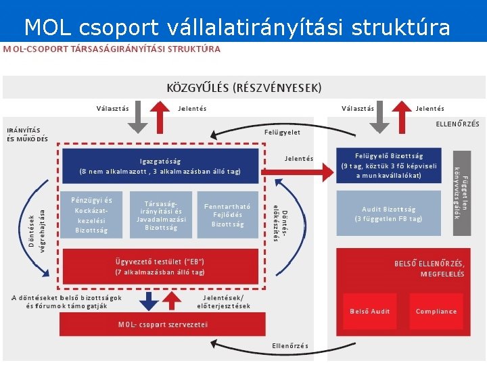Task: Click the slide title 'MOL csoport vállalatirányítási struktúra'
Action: point(237,27)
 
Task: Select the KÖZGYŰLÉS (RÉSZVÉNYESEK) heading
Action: point(243,88)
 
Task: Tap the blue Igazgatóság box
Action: point(160,166)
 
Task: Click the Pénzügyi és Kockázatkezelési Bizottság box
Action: point(92,216)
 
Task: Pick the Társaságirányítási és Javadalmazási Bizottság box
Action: point(161,216)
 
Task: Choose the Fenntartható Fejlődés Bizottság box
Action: point(227,216)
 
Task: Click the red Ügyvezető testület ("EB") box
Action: point(160,266)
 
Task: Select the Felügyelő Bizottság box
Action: point(389,166)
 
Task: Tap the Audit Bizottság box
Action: point(389,214)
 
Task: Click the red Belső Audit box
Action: point(369,311)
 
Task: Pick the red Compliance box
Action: point(436,311)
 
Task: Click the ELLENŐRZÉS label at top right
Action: point(457,124)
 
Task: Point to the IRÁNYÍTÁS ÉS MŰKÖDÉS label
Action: point(27,135)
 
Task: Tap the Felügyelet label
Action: point(282,132)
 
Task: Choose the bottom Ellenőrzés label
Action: point(289,346)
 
